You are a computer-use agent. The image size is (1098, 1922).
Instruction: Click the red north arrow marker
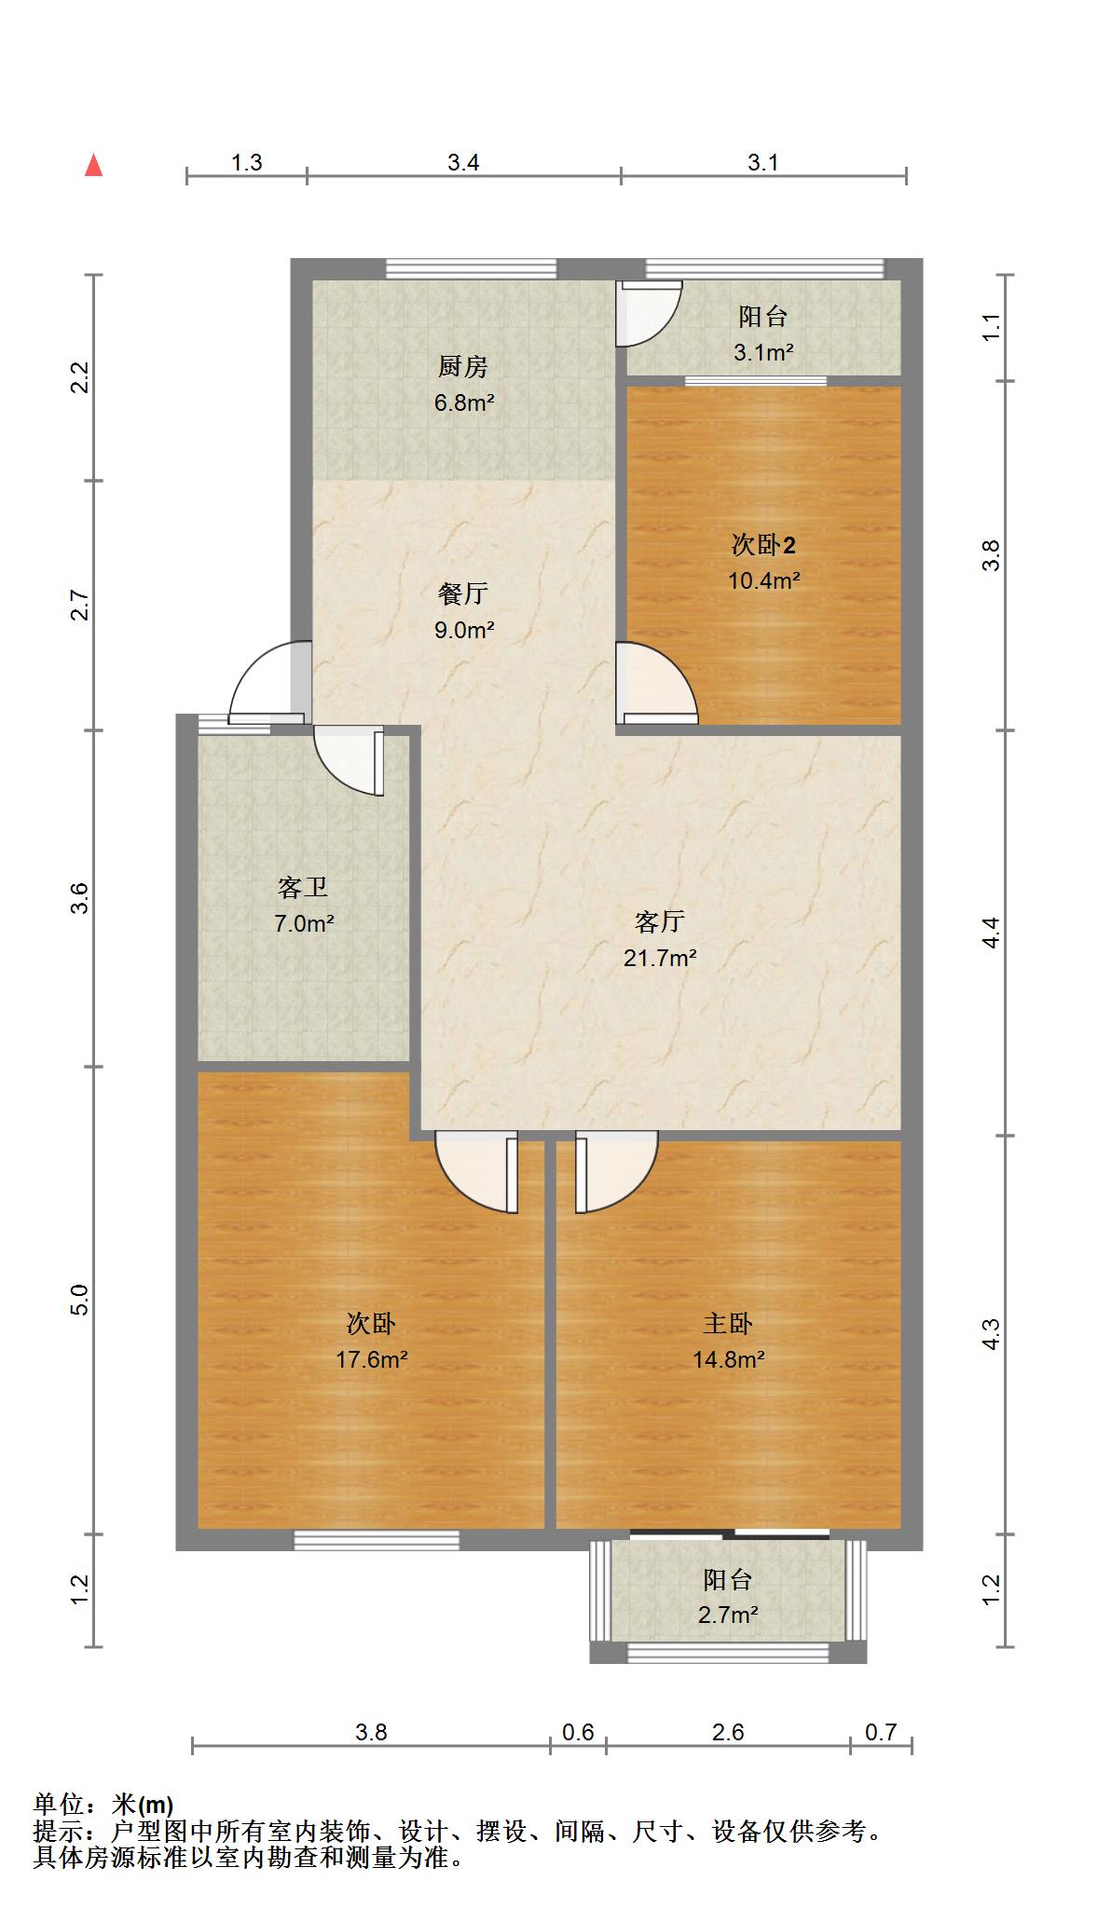coord(93,165)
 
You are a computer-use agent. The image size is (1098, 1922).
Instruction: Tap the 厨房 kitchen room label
coord(463,367)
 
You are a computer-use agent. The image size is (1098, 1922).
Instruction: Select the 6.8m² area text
coord(463,403)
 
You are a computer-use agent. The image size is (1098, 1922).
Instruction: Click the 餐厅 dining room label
coord(463,594)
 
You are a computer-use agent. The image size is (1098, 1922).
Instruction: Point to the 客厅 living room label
coord(660,922)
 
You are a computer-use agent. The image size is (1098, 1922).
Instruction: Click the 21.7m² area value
coord(660,958)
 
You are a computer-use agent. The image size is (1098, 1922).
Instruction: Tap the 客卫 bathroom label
coord(304,888)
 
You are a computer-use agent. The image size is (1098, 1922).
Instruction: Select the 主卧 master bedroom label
coord(728,1324)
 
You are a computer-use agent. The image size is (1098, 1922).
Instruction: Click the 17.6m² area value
coord(371,1360)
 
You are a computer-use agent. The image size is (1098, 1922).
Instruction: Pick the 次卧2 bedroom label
coord(763,545)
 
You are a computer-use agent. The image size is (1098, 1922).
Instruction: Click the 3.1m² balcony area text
coord(763,353)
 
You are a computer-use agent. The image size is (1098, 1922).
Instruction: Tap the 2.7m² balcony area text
coord(728,1615)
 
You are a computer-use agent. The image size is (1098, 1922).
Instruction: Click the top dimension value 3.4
coord(463,163)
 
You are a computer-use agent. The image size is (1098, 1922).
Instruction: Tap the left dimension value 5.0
coord(80,1299)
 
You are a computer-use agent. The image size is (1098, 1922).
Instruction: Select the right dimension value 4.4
coord(992,933)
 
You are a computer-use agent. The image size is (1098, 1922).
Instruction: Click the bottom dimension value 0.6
coord(578,1732)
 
